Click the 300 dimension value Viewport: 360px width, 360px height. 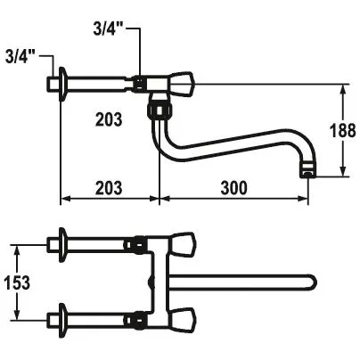(x=233, y=188)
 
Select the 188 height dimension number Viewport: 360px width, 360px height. (x=343, y=130)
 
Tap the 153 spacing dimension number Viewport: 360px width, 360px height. (x=17, y=282)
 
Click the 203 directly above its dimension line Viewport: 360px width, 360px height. (x=109, y=188)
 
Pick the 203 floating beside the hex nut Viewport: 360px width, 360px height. (x=109, y=119)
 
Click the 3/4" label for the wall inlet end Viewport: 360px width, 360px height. (x=20, y=57)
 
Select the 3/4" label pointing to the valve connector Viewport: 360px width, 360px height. (x=109, y=29)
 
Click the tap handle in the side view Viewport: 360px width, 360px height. (x=181, y=84)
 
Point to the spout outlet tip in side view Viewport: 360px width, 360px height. (x=307, y=172)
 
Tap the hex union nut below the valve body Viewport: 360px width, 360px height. (x=160, y=110)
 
